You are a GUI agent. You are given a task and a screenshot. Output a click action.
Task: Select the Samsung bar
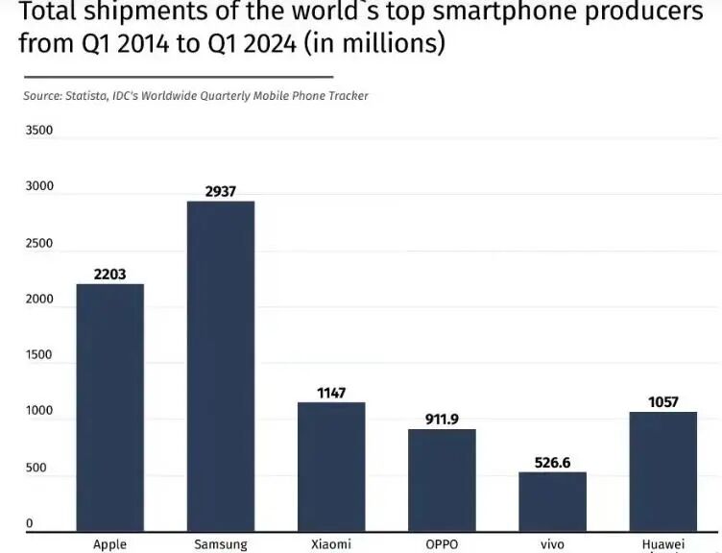221,365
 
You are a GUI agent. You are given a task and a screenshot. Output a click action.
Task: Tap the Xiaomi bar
331,466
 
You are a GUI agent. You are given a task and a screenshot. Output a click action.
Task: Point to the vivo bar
552,500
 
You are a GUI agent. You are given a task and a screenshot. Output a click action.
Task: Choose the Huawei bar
662,470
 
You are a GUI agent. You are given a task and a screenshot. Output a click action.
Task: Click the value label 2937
221,192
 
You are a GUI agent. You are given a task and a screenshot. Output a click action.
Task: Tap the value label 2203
110,275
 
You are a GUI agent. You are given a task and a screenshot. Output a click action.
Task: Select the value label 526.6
552,463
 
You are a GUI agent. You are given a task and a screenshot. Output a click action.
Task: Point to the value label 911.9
442,420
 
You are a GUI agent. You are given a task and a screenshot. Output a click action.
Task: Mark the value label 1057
662,402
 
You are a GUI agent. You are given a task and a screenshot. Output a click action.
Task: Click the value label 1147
331,393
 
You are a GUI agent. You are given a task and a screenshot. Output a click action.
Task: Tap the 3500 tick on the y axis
39,131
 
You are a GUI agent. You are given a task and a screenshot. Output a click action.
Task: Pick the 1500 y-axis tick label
39,355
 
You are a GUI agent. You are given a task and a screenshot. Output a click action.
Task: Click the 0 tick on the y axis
30,524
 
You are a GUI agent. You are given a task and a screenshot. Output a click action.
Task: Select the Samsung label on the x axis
221,544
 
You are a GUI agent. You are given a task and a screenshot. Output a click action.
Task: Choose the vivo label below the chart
552,544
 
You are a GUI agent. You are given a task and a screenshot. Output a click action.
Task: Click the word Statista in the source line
86,95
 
